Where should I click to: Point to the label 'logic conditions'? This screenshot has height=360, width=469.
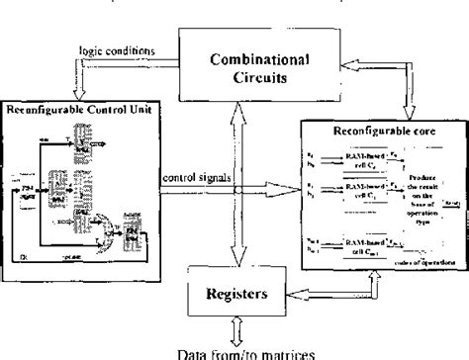click(110, 50)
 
